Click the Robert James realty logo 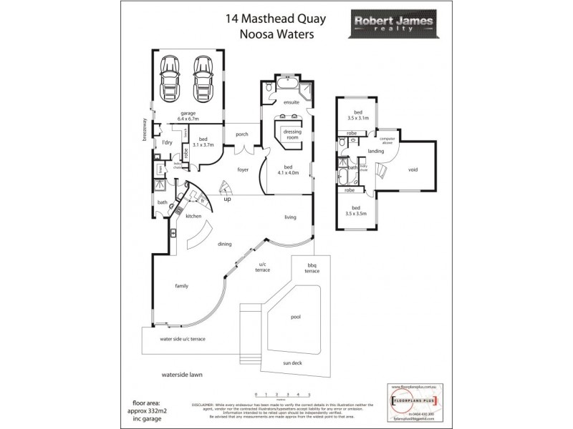392,26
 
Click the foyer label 243,169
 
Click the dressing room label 292,135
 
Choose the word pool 294,317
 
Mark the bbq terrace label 312,269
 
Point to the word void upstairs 413,169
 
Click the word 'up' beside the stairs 228,200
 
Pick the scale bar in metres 282,395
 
